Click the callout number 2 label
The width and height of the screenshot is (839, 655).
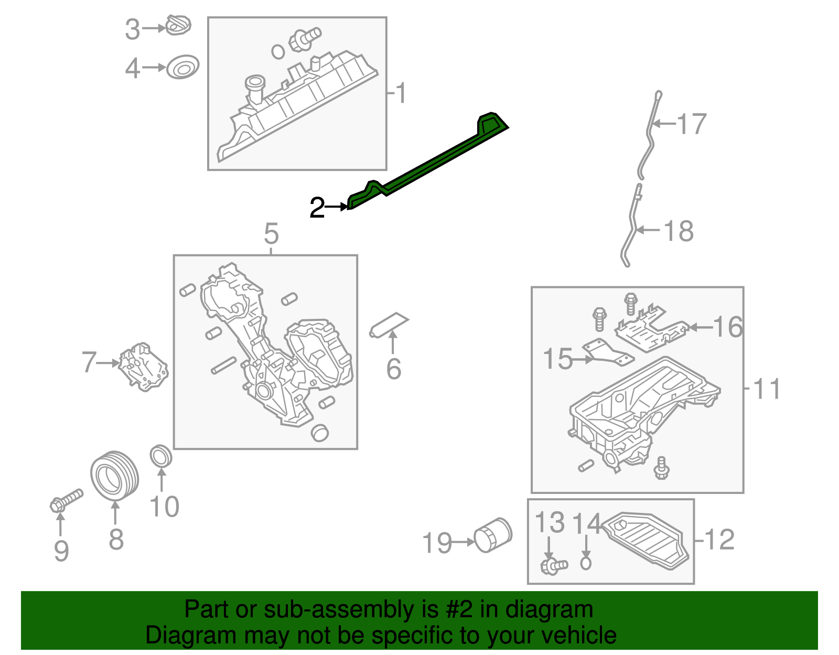tap(317, 208)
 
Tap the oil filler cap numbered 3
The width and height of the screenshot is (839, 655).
tap(178, 26)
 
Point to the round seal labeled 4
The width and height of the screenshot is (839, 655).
tap(182, 67)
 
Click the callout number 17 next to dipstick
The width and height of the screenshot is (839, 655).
tap(692, 124)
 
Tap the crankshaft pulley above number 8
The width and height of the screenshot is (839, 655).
tap(114, 476)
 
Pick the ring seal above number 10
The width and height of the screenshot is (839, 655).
tap(161, 456)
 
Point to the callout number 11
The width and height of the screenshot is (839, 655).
tap(767, 389)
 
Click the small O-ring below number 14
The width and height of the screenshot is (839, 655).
tap(586, 563)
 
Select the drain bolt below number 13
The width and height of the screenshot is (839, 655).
tap(553, 566)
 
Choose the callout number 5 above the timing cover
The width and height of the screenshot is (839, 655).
tap(271, 234)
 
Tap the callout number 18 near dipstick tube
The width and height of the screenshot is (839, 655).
tap(679, 231)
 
